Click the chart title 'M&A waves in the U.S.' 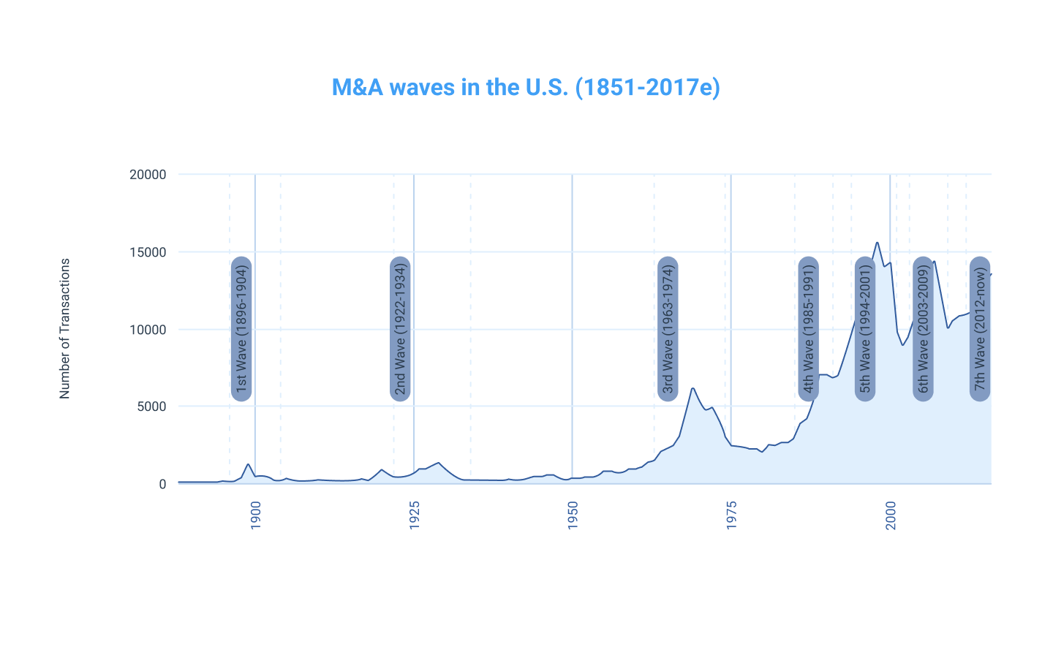point(526,87)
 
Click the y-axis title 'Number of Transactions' point(65,328)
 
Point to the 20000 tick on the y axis point(148,175)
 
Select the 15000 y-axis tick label point(148,252)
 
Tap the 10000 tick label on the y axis point(148,330)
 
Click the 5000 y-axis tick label point(151,406)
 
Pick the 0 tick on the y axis point(162,484)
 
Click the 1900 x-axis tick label point(256,515)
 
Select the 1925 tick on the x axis point(415,515)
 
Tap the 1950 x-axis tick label point(573,515)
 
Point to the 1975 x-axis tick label point(731,515)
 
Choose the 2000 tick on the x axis point(891,515)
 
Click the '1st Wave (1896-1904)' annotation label point(241,329)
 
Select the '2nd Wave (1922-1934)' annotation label point(400,329)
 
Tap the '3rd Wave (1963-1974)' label point(668,329)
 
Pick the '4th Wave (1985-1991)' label point(808,329)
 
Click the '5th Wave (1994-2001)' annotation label point(865,329)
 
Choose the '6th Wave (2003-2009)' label point(923,329)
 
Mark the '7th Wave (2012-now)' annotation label point(980,329)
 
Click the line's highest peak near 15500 point(877,243)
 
